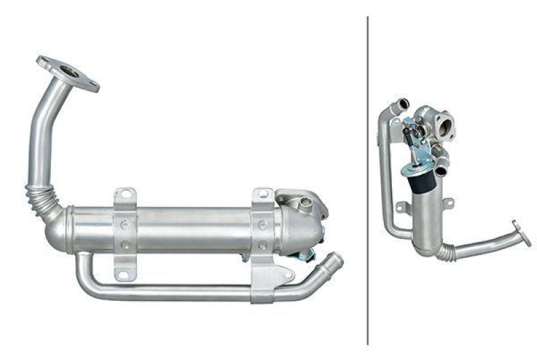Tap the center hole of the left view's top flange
coord(68,71)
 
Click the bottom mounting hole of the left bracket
coord(122,273)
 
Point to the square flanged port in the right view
coord(444,126)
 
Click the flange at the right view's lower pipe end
coord(522,232)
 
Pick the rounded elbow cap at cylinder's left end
coord(57,228)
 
